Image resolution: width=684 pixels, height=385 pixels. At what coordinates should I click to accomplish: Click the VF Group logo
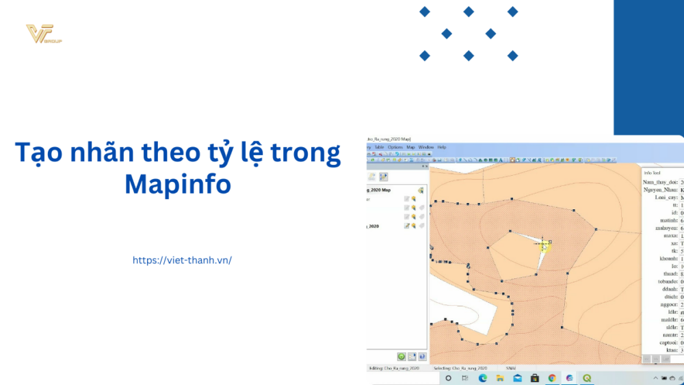point(43,34)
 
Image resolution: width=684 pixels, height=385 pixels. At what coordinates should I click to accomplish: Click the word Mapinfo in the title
point(177,183)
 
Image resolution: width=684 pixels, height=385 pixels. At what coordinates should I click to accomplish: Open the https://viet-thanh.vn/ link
point(182,261)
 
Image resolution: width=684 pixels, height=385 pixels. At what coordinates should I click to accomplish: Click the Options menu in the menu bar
point(395,147)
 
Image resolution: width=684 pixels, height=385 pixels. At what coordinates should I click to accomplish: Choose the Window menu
point(426,147)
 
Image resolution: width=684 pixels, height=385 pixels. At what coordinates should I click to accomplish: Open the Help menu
point(442,147)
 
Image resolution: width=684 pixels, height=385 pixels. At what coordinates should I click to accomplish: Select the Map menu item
point(411,147)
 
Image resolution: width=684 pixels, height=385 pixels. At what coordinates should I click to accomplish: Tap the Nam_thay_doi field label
point(659,183)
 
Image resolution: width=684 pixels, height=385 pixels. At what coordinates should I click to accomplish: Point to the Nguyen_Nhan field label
point(660,189)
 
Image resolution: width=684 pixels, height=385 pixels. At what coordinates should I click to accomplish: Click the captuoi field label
point(666,342)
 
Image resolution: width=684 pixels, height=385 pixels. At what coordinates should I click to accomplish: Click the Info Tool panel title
point(653,172)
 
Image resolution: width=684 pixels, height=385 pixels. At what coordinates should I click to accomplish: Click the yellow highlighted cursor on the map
point(545,245)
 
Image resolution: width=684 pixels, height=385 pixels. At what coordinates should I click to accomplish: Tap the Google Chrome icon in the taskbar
point(552,378)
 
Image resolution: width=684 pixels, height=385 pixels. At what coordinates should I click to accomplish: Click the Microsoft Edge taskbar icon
point(482,378)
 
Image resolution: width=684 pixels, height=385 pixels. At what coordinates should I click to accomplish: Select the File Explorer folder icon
point(500,378)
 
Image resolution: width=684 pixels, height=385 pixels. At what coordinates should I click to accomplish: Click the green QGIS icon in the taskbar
point(587,378)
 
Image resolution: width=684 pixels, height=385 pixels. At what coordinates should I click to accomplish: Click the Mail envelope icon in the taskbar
point(518,378)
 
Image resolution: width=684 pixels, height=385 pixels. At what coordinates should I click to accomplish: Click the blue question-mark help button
point(422,356)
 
